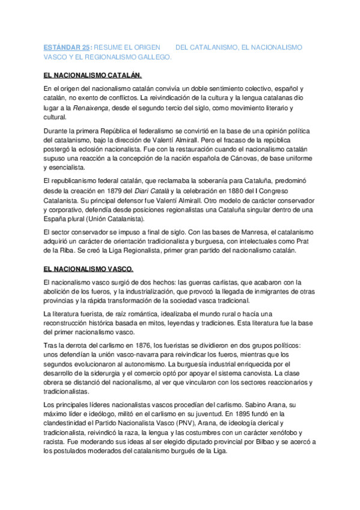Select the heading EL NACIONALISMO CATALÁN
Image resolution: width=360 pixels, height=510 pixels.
pyautogui.click(x=93, y=76)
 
